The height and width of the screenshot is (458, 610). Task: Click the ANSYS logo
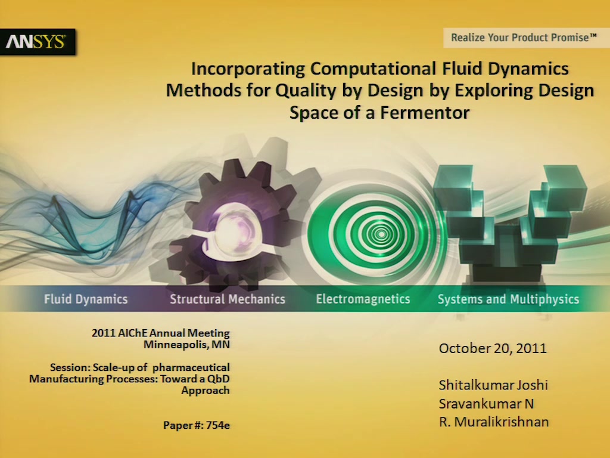click(x=38, y=42)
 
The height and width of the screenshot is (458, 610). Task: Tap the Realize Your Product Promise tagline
click(x=524, y=38)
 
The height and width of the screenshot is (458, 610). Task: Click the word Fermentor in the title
click(x=425, y=113)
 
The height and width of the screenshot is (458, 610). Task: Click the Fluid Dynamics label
click(x=86, y=299)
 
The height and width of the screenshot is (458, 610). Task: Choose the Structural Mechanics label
click(x=228, y=299)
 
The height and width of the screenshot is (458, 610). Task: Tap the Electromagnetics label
click(x=363, y=299)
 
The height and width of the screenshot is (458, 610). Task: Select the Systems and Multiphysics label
click(x=509, y=299)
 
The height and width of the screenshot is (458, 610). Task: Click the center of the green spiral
click(x=381, y=234)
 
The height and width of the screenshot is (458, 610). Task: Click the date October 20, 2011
click(x=493, y=348)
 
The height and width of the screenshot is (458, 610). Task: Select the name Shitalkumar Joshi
click(x=493, y=385)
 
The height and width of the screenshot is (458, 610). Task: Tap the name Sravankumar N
click(x=486, y=404)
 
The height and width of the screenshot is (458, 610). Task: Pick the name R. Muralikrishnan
click(x=494, y=422)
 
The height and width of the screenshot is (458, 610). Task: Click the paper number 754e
click(x=218, y=425)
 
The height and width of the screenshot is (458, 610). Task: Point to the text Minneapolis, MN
click(x=186, y=345)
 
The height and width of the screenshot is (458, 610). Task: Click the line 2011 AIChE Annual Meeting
click(x=161, y=333)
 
